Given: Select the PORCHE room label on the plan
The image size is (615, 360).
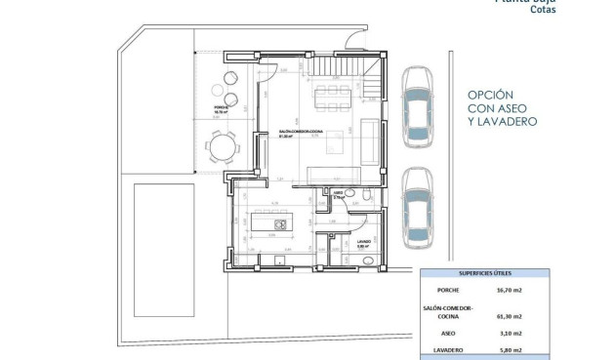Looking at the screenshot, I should click(222, 108).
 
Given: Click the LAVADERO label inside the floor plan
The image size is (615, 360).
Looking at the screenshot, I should click(363, 241).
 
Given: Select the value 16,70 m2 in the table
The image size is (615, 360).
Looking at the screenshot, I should click(510, 291).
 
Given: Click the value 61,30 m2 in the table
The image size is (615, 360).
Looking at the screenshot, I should click(510, 316).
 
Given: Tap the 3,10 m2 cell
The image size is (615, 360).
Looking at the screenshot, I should click(510, 334).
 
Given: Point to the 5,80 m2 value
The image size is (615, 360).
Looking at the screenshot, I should click(510, 350).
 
